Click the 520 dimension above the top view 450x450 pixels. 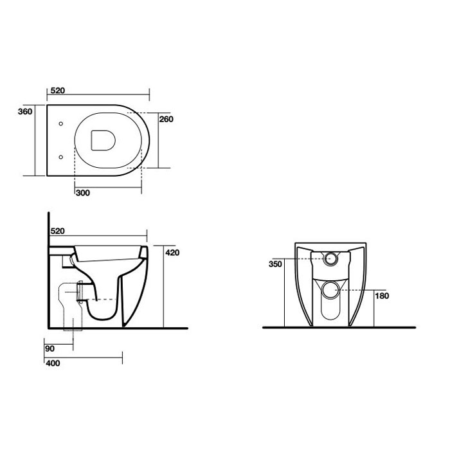pyautogui.click(x=58, y=91)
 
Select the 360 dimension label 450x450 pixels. pyautogui.click(x=25, y=111)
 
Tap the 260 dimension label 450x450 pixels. pyautogui.click(x=166, y=119)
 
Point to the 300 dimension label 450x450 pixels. pyautogui.click(x=83, y=193)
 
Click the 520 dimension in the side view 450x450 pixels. pyautogui.click(x=58, y=231)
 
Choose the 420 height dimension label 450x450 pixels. pyautogui.click(x=172, y=253)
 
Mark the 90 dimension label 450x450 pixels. pyautogui.click(x=50, y=348)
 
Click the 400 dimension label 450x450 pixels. pyautogui.click(x=53, y=363)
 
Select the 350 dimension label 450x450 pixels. pyautogui.click(x=276, y=264)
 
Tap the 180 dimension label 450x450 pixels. pyautogui.click(x=382, y=296)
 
